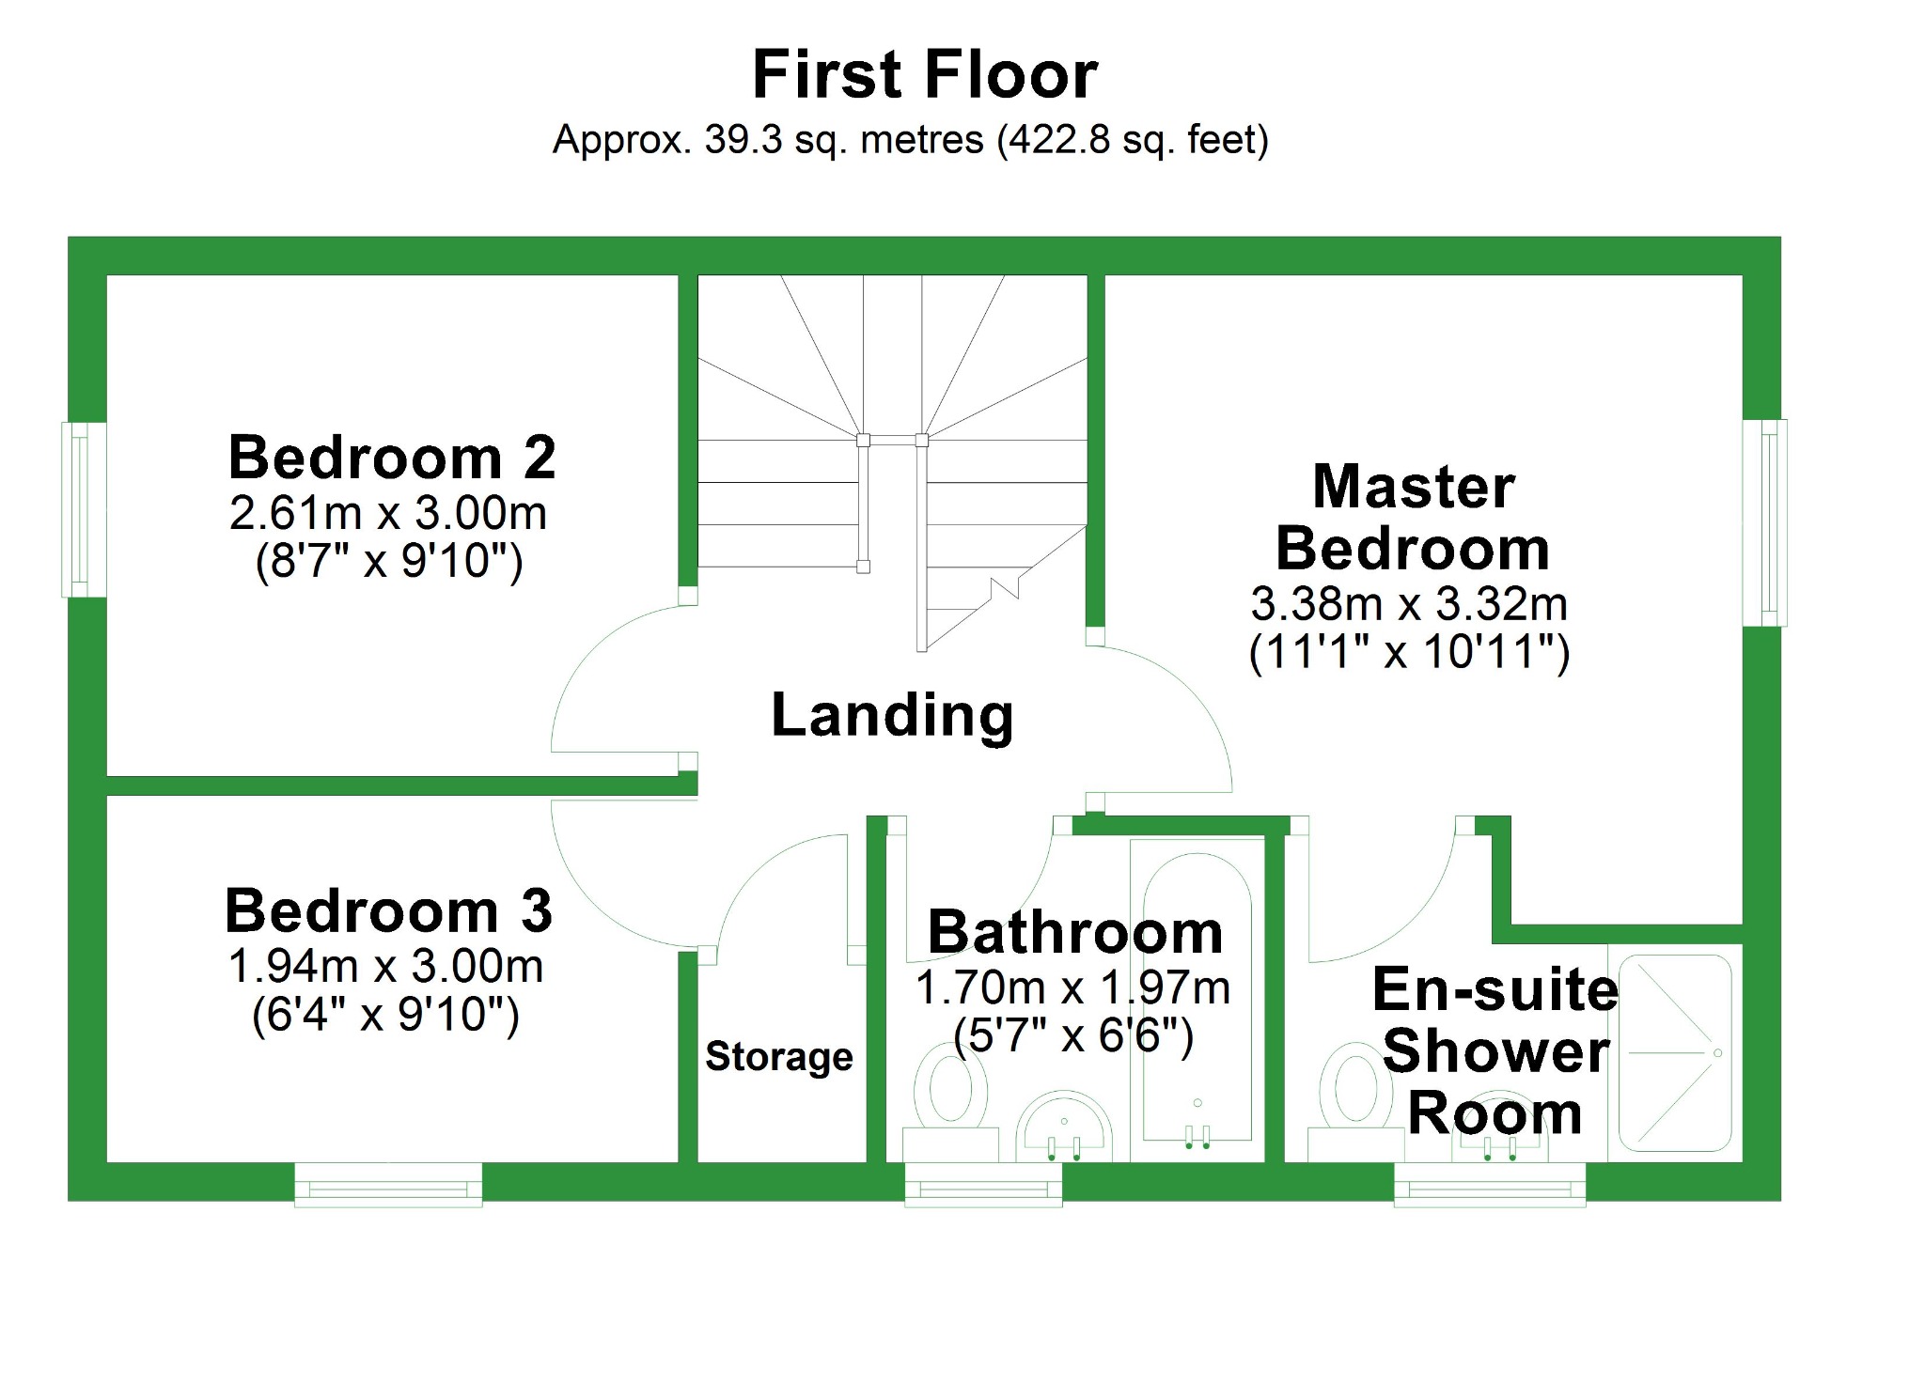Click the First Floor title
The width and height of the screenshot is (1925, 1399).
pyautogui.click(x=925, y=75)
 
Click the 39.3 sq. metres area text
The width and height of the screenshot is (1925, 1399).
pyautogui.click(x=910, y=140)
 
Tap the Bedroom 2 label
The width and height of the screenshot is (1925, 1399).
pyautogui.click(x=392, y=459)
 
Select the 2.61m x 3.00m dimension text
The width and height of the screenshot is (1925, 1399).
pyautogui.click(x=388, y=514)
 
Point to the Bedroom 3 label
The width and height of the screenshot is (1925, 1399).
pyautogui.click(x=388, y=911)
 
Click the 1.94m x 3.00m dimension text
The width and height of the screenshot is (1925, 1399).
pyautogui.click(x=385, y=967)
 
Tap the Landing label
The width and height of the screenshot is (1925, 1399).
pyautogui.click(x=892, y=716)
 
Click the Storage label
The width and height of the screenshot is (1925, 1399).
pyautogui.click(x=779, y=1057)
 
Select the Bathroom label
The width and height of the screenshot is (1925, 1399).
pyautogui.click(x=1075, y=933)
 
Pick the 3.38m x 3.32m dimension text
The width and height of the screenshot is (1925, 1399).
pyautogui.click(x=1409, y=604)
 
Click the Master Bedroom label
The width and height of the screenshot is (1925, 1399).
pyautogui.click(x=1413, y=518)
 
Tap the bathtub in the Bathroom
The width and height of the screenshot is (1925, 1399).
pyautogui.click(x=1197, y=996)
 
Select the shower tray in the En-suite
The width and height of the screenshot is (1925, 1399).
pyautogui.click(x=1676, y=1053)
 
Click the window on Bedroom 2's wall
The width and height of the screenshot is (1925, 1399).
pyautogui.click(x=83, y=509)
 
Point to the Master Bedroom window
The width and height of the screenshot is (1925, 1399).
pyautogui.click(x=1765, y=522)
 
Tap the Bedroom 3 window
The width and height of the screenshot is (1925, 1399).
pyautogui.click(x=388, y=1185)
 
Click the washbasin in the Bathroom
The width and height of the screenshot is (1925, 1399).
pyautogui.click(x=1064, y=1127)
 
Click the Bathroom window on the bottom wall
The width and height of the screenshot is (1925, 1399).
pyautogui.click(x=983, y=1185)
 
